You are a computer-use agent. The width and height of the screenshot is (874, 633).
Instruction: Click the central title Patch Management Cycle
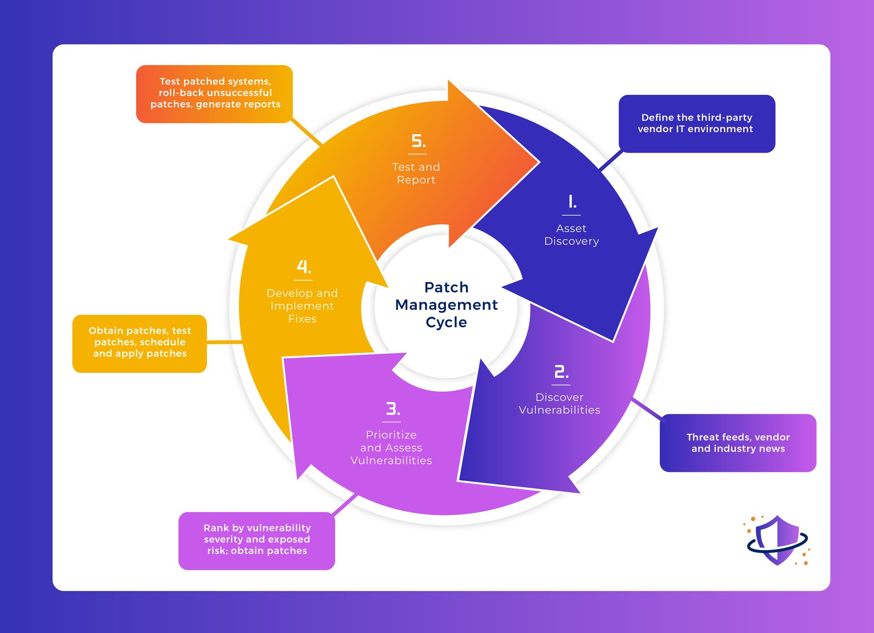point(446,304)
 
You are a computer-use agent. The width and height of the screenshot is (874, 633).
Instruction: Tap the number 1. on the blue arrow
point(572,201)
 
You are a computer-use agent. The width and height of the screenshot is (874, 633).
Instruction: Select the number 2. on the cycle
point(561,372)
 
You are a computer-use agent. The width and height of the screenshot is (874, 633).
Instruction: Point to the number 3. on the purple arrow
point(392,408)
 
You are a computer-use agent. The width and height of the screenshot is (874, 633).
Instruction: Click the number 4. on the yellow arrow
point(304,267)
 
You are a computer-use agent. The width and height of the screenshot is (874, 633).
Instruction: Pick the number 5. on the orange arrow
point(418,141)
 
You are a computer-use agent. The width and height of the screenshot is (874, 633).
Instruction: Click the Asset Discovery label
point(571,235)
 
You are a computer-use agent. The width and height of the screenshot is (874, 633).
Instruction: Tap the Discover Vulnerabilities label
point(559,404)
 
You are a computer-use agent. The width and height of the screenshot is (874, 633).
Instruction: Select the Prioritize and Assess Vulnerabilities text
point(391,448)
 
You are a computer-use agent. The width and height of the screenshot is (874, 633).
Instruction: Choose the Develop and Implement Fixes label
point(302,306)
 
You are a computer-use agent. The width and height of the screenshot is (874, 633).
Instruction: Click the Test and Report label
point(416,173)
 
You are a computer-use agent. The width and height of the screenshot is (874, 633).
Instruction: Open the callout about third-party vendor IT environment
point(696,124)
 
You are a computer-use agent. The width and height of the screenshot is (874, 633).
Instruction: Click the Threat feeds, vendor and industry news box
point(737,443)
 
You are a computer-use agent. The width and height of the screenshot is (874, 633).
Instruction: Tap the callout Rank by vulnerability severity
point(257,540)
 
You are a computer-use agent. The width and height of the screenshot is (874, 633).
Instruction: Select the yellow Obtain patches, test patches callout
point(140,343)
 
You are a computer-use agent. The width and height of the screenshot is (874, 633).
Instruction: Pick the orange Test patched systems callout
point(215,93)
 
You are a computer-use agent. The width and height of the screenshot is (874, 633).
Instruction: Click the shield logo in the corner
point(777,540)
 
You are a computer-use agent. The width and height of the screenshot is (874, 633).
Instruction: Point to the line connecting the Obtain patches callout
point(224,342)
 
